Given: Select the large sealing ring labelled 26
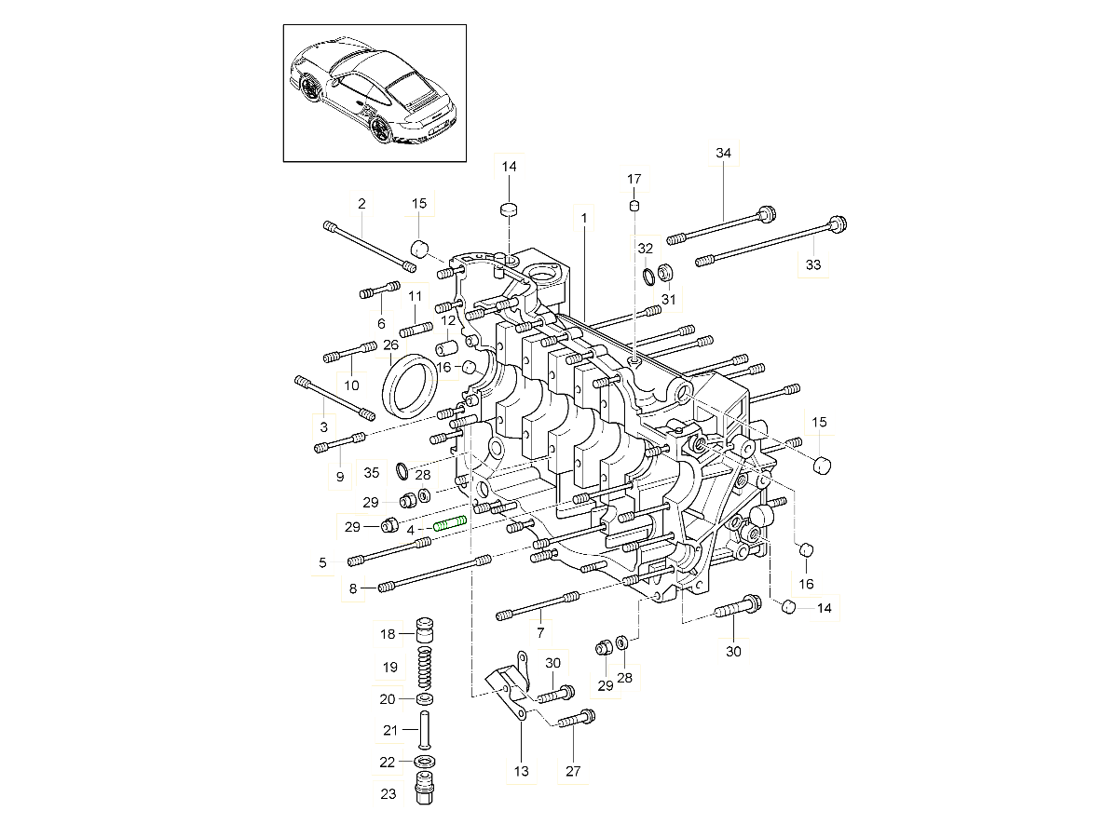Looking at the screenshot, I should click(410, 385).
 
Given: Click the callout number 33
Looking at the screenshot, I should click(813, 265).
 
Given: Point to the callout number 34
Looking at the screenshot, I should click(724, 153).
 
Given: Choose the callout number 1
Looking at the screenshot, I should click(584, 220).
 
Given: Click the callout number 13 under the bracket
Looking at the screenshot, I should click(521, 771).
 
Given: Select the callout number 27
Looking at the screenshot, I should click(572, 771).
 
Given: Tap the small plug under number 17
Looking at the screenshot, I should click(634, 206).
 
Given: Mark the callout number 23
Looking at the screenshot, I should click(389, 794).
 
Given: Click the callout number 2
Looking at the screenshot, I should click(361, 203).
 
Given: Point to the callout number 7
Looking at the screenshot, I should click(540, 632).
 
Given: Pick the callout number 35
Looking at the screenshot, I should click(372, 474).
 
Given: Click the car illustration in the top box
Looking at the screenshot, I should click(375, 93).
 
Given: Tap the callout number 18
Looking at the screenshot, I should click(389, 634).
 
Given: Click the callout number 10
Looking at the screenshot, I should click(351, 385).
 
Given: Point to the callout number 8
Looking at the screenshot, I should click(353, 588).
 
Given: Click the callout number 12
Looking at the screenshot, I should click(447, 320).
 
